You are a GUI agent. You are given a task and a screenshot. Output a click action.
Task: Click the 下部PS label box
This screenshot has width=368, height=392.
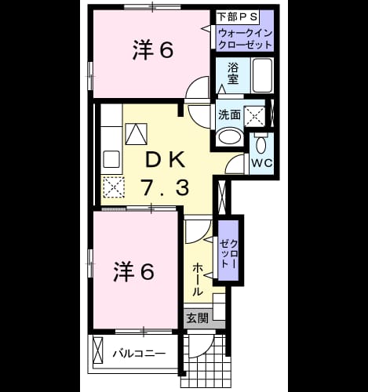pos(238,17)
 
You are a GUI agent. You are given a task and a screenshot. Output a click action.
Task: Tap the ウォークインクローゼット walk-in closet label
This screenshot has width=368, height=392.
pos(245,39)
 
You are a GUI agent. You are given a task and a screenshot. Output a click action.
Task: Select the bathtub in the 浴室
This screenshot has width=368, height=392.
pos(262,75)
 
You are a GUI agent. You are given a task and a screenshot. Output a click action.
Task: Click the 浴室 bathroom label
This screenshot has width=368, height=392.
pos(232,74)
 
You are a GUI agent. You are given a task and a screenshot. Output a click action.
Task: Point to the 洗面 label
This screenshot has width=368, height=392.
pos(229,114)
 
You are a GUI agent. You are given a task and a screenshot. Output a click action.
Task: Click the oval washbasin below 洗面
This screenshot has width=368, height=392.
pos(229,136)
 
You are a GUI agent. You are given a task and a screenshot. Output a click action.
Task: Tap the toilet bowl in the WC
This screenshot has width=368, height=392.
pos(261,145)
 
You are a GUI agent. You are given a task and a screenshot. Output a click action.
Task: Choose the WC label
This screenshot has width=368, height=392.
pos(262,163)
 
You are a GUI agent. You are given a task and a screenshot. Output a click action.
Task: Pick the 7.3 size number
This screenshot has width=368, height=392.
pos(166,187)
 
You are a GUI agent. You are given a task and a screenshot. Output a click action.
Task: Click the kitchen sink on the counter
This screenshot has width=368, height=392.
pos(111,159)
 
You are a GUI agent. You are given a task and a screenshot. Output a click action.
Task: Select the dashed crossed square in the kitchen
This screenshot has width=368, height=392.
pos(114,187)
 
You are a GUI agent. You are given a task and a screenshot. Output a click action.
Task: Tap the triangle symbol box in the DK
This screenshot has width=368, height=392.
pos(137,134)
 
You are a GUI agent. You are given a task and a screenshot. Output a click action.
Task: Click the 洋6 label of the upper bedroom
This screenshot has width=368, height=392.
pos(153,50)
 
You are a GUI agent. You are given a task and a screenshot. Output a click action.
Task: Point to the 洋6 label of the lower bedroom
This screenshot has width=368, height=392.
pos(134,272)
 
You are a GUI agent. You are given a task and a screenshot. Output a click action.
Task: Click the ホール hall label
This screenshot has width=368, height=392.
pos(198,280)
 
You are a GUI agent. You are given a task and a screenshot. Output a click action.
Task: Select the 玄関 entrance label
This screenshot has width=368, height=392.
pos(198,318)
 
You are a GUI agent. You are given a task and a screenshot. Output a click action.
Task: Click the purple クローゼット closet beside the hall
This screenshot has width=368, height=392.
pos(228,250)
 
